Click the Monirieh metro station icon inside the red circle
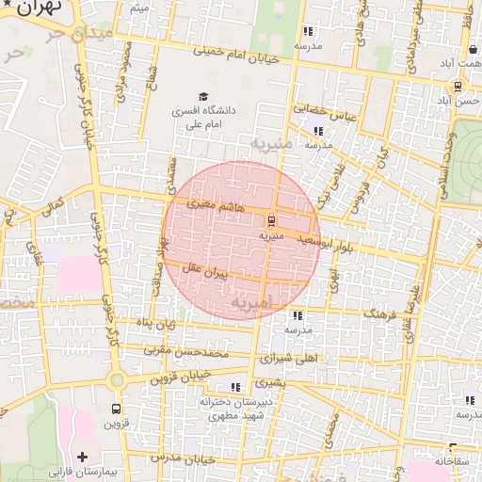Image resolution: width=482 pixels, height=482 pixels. pos(271,222)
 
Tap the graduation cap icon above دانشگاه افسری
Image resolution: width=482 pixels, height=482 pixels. pos(203,96)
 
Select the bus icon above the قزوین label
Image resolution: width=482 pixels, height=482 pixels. pos(117,410)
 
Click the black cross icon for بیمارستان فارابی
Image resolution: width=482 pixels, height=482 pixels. pos(84,457)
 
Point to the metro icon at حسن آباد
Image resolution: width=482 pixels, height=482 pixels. pos(458,86)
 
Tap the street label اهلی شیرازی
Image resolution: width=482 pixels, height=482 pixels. pos(287,359)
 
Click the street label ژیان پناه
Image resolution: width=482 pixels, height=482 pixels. pos(157,325)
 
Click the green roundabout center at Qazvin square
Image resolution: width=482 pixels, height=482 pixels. pos(117,380)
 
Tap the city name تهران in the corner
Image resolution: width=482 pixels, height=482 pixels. pos(36,8)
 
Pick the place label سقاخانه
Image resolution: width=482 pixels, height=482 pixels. pos(457,463)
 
